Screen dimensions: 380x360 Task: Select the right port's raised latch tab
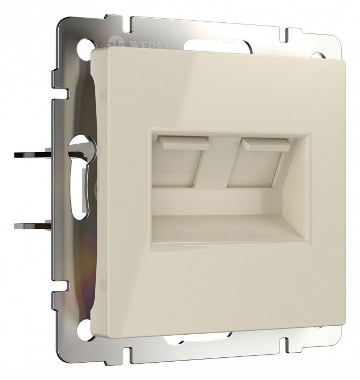coord(265,145)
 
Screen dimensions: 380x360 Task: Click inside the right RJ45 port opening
coord(252,166)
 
